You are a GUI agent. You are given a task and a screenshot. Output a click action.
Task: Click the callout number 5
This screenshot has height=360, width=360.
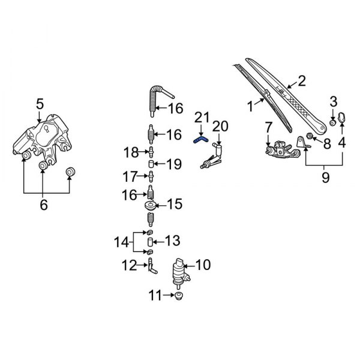(x=40, y=103)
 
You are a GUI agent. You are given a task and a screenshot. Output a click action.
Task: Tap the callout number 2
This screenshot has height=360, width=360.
(x=301, y=81)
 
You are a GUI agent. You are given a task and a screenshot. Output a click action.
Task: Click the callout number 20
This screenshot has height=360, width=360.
(x=221, y=125)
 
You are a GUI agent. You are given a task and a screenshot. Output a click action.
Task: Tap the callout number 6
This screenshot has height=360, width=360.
(x=43, y=205)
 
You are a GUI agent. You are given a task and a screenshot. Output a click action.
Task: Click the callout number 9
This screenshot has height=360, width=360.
(x=325, y=178)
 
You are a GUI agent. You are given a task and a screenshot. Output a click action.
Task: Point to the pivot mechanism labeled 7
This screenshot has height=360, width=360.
(x=281, y=148)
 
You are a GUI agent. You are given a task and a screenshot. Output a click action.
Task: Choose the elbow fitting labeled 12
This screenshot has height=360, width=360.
(x=151, y=266)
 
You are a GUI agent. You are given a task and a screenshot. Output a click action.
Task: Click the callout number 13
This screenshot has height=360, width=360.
(x=172, y=241)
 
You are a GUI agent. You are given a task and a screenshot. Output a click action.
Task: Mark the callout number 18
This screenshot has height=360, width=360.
(x=131, y=152)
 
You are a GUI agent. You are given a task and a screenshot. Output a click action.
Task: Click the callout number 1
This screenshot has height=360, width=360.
(x=251, y=107)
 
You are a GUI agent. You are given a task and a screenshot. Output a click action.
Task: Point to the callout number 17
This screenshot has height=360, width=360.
(x=130, y=177)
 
